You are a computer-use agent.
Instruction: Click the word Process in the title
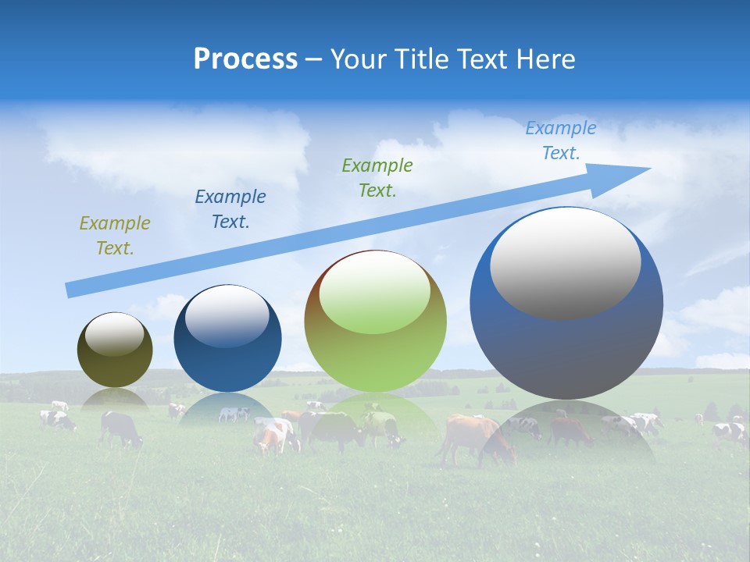tap(245, 59)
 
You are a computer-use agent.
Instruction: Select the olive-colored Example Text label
tap(115, 236)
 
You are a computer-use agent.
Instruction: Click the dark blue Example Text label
tap(230, 209)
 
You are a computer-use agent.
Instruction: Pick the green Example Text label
tap(377, 178)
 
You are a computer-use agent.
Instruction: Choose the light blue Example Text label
tap(561, 140)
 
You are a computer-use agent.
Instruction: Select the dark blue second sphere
tap(227, 340)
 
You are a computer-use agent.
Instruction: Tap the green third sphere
tap(375, 322)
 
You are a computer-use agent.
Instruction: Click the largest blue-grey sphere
tap(566, 304)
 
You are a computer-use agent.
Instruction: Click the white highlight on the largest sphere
tap(565, 263)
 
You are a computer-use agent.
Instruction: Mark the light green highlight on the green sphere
tap(375, 293)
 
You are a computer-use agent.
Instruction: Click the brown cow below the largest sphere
tap(472, 437)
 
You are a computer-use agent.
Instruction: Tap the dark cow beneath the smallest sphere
tap(120, 428)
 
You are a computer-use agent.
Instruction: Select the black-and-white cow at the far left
tap(57, 420)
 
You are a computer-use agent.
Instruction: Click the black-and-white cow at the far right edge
tap(730, 432)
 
